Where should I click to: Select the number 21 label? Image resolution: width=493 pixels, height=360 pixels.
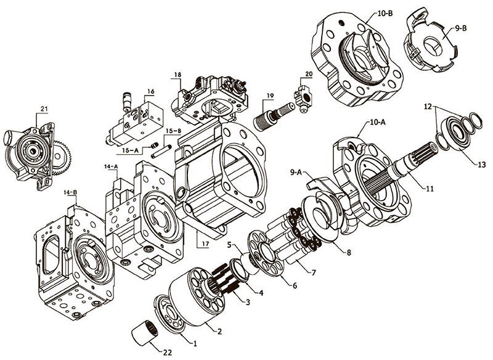[44, 109]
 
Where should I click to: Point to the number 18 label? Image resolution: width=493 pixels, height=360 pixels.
[177, 75]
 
